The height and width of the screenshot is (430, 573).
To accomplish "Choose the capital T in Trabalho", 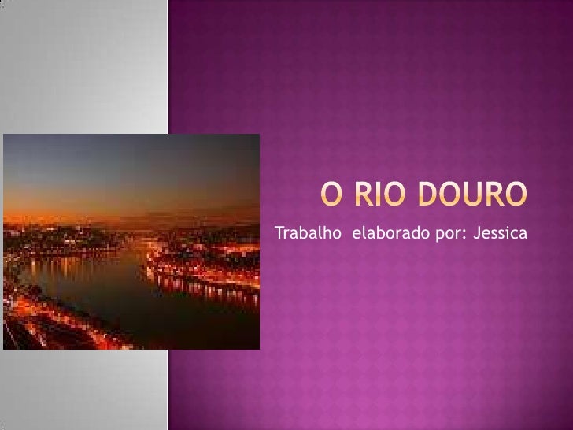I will [277, 234].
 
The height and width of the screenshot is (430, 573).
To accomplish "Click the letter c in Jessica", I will [515, 235].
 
